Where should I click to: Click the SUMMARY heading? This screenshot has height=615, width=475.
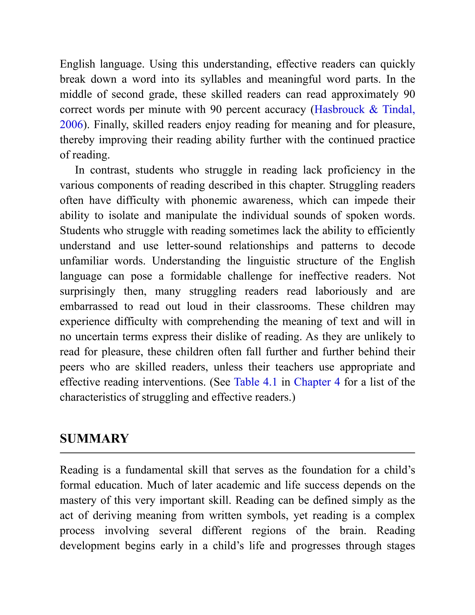click(x=94, y=439)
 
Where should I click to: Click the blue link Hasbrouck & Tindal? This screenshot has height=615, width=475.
click(x=364, y=109)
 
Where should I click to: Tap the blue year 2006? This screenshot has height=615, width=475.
click(x=71, y=124)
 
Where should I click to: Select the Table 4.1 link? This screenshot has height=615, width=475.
click(x=256, y=382)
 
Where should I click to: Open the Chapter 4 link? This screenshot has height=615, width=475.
click(x=317, y=382)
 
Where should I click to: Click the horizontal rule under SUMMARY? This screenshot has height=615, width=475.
click(x=237, y=453)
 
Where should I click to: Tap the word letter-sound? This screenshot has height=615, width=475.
click(x=194, y=246)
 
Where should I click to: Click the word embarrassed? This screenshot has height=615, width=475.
click(x=89, y=306)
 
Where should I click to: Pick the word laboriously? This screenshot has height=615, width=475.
click(x=341, y=291)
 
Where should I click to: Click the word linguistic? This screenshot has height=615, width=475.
click(x=268, y=261)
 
